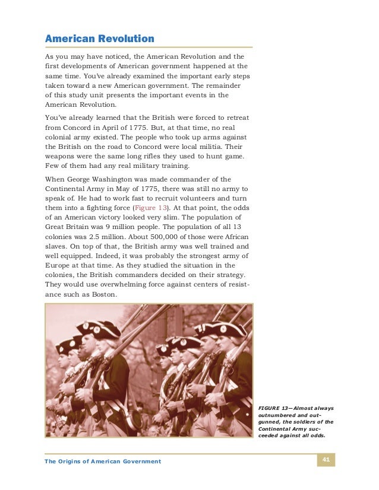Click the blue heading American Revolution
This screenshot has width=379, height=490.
100,39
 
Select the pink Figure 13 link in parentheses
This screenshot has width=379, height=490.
151,209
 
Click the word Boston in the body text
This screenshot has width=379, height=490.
102,295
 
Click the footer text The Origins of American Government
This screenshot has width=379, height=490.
103,462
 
